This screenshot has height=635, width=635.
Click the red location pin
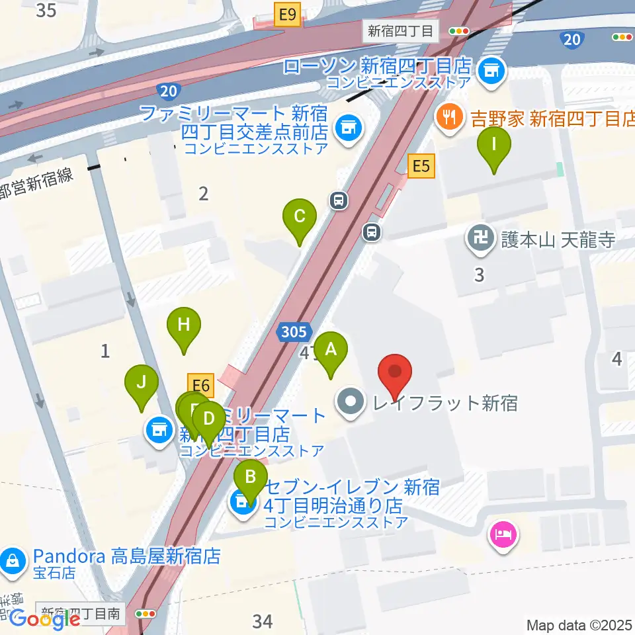click(395, 374)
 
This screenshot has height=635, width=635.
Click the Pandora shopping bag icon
click(12, 561)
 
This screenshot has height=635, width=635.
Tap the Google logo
click(46, 619)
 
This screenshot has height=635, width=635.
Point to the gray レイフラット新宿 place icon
click(351, 402)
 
